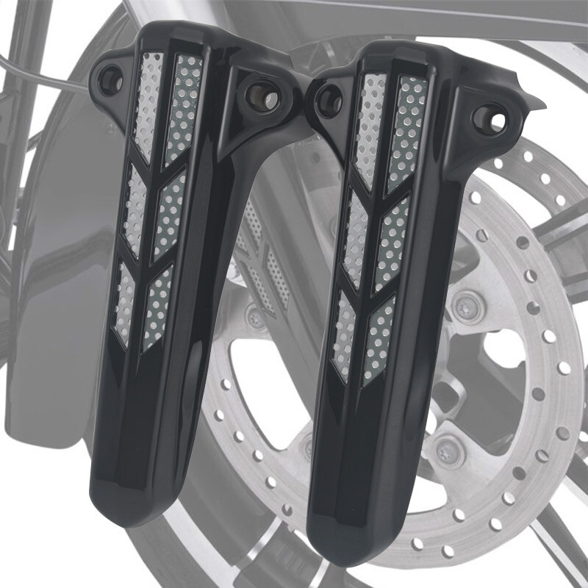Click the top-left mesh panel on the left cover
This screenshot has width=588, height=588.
pyautogui.click(x=148, y=103)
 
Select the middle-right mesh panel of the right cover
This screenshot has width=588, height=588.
pyautogui.click(x=390, y=243)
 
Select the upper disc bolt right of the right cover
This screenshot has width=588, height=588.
pyautogui.click(x=465, y=308)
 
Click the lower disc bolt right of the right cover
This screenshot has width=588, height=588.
pyautogui.click(x=445, y=447)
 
